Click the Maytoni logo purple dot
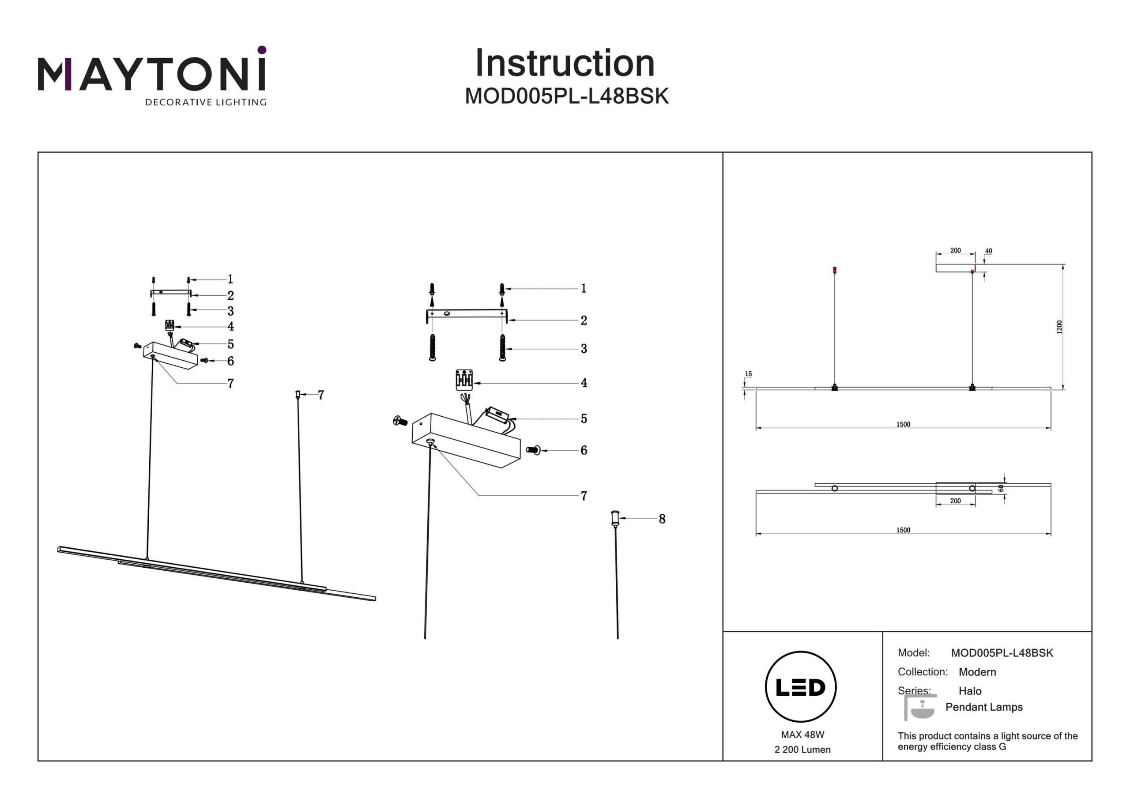click(x=262, y=50)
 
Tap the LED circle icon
click(x=800, y=687)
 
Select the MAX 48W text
click(x=802, y=735)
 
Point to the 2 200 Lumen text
click(x=802, y=750)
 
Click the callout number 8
click(x=662, y=519)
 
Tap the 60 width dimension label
click(x=1001, y=488)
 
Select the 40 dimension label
click(x=988, y=251)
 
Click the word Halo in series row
click(x=970, y=691)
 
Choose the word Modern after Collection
click(x=977, y=672)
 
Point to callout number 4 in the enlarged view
click(x=584, y=383)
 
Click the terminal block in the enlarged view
click(x=464, y=380)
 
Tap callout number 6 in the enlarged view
click(x=584, y=450)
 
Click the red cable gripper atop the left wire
click(x=834, y=270)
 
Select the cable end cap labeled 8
click(x=615, y=518)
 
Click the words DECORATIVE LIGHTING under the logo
click(x=206, y=102)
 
